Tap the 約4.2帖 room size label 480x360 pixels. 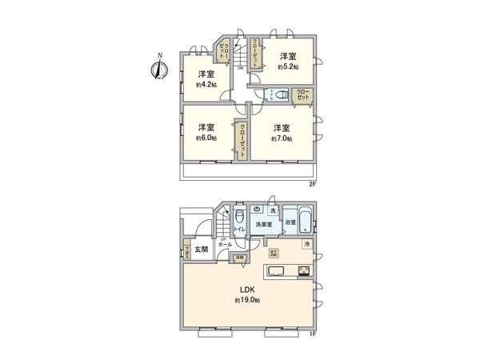(206, 86)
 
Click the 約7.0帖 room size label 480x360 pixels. (281, 138)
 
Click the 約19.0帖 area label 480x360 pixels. (246, 301)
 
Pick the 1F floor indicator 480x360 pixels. (313, 334)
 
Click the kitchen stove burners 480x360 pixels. (304, 270)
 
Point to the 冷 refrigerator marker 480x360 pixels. (306, 243)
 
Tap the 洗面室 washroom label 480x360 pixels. (265, 225)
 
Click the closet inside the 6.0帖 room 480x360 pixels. (240, 142)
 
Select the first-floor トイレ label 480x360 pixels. (239, 228)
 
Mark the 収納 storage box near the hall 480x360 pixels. (239, 258)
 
